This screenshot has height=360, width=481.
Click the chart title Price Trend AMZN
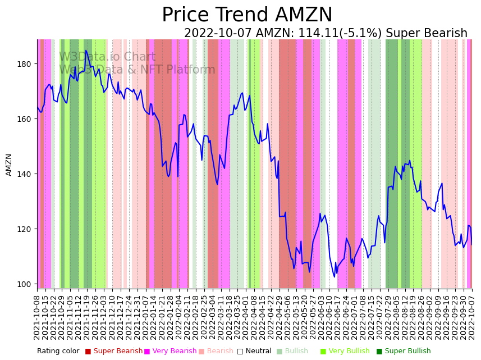(x=247, y=15)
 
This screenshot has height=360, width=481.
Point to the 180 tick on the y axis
(x=25, y=64)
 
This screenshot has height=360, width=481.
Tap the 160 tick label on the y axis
(x=25, y=119)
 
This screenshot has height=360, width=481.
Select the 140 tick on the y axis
(x=25, y=174)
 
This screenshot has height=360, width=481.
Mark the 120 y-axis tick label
(x=25, y=229)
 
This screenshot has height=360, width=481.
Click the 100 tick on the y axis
(x=25, y=284)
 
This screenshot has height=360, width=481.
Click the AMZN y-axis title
(x=9, y=165)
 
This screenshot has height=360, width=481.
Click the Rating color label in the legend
(x=58, y=351)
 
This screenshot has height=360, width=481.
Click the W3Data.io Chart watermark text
(x=107, y=57)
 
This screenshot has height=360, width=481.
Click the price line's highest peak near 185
(x=86, y=51)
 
